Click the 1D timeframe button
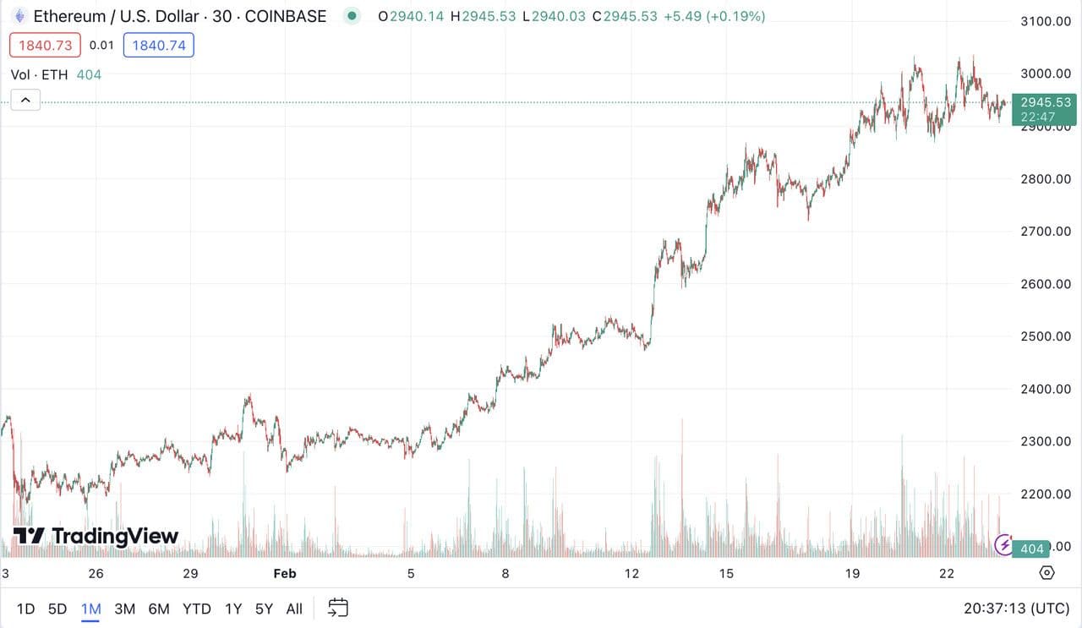pos(25,609)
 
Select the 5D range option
pos(57,609)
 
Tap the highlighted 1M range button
pos(90,609)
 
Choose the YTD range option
pos(196,609)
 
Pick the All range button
pos(294,609)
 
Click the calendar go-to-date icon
pos(338,608)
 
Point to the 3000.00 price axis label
pos(1046,74)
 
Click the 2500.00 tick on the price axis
pos(1046,336)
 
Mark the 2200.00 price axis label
pos(1046,494)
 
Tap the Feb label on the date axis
pos(285,574)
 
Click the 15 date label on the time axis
pos(726,574)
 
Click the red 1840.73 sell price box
pos(45,45)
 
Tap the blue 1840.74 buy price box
pos(159,45)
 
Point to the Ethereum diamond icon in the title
pos(19,15)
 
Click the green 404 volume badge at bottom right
pos(1031,549)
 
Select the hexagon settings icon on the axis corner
pos(1046,573)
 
